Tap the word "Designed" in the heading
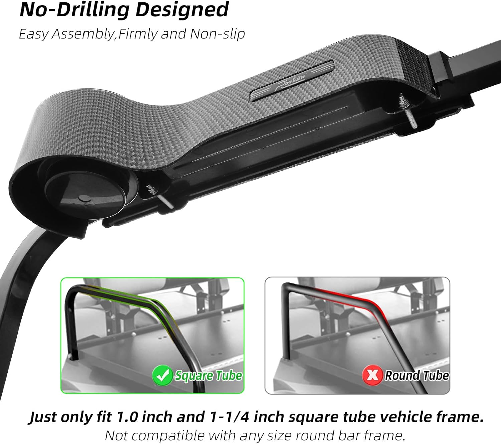coord(182,10)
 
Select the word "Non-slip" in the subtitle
coord(217,34)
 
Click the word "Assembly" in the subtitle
coord(82,34)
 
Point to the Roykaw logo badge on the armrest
coord(292,81)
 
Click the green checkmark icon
coord(162,375)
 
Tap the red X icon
coord(372,375)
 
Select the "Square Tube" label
coord(209,376)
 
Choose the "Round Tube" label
coord(417,376)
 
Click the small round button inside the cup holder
coord(85,198)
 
